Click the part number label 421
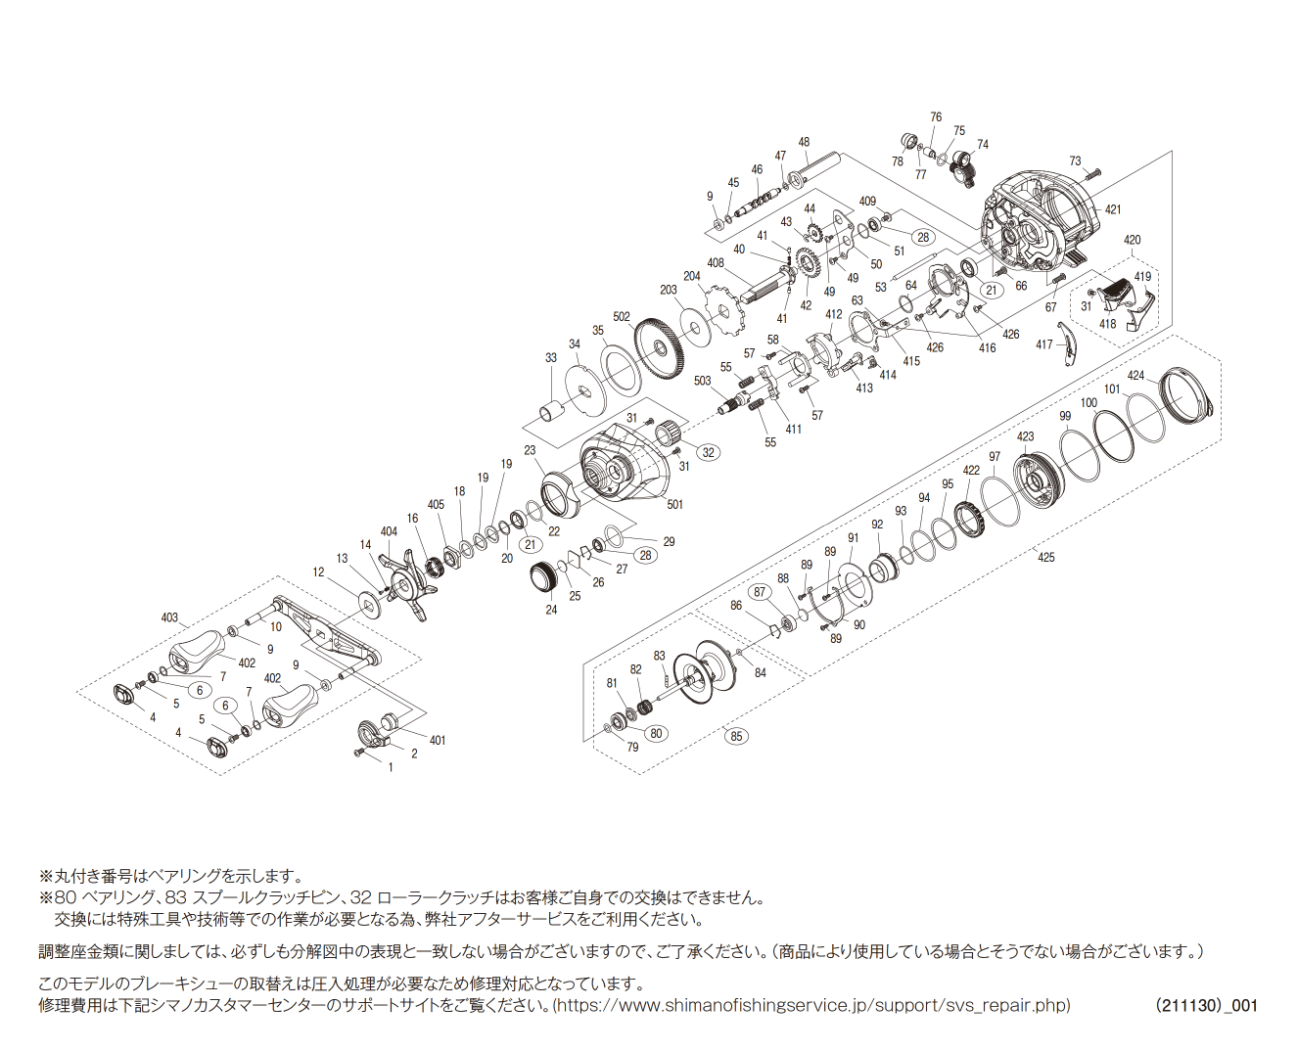1113,209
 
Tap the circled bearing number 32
707,452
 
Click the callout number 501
675,505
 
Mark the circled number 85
736,736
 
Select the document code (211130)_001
1206,1005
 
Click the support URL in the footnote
813,1005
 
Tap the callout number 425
1046,557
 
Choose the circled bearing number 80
656,733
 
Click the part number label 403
169,617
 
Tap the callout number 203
669,290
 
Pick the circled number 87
760,592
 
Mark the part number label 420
1132,240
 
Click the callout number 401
438,740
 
